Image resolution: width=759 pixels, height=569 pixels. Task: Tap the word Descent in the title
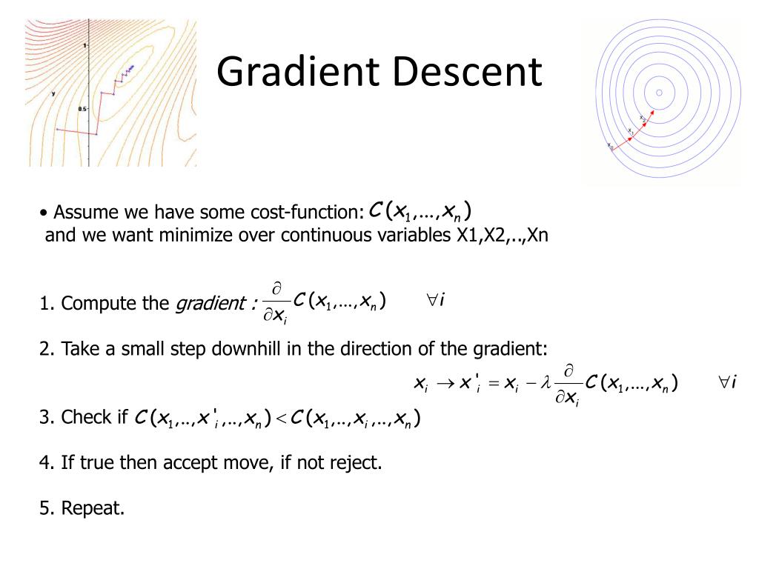click(468, 72)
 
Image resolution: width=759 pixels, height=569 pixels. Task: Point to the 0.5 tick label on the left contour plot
click(82, 109)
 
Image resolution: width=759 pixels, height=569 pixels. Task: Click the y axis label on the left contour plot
click(53, 93)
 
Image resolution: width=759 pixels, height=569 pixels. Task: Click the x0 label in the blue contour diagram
click(611, 146)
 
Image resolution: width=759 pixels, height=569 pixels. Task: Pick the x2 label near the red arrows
click(643, 118)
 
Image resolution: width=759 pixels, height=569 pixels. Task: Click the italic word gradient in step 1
click(211, 304)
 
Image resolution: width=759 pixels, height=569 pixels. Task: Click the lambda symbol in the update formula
click(546, 383)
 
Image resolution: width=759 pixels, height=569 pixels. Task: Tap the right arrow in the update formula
click(445, 384)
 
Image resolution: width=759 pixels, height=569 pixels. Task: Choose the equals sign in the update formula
click(494, 385)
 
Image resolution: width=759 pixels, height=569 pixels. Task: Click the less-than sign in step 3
click(282, 419)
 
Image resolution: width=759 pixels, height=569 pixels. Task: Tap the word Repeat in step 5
click(93, 508)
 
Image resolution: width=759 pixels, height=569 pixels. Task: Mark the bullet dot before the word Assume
click(44, 213)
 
